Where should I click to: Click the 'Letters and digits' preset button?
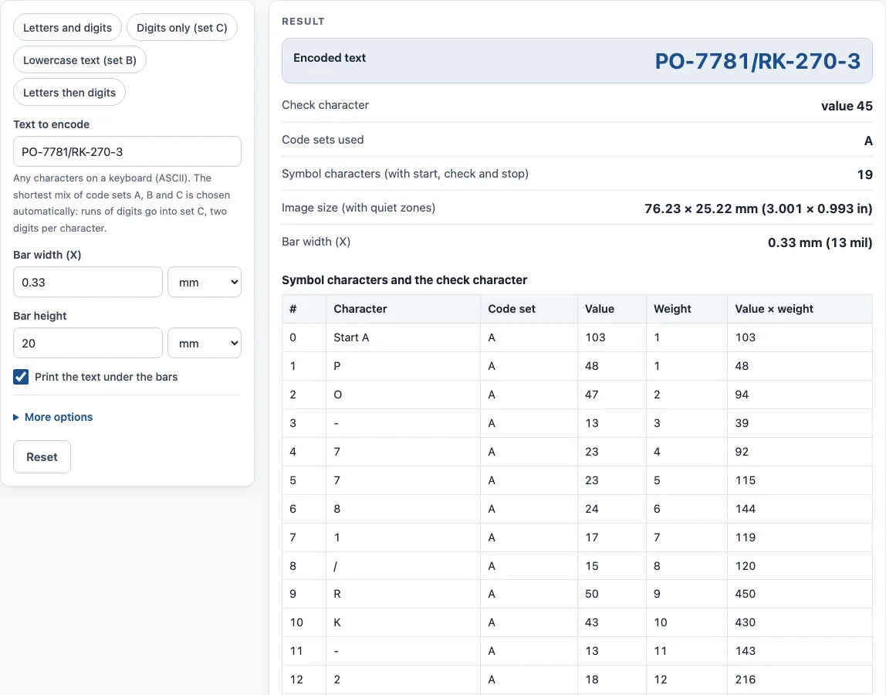click(67, 28)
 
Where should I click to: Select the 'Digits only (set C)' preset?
click(182, 28)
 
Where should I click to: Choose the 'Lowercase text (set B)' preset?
click(79, 60)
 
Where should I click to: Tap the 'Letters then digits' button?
click(69, 92)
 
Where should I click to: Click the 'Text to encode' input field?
click(127, 151)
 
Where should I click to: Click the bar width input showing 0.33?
click(87, 282)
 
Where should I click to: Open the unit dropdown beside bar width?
click(205, 282)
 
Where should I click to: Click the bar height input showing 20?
click(87, 344)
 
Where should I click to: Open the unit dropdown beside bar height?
click(205, 344)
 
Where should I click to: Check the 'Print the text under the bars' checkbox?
click(21, 377)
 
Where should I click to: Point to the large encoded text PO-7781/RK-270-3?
click(758, 61)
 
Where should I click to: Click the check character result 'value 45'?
click(847, 106)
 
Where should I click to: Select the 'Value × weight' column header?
click(774, 309)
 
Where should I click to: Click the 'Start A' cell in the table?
click(351, 337)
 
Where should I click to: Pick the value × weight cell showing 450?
click(746, 594)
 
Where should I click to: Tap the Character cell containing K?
click(337, 622)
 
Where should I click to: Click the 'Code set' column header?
click(512, 309)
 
